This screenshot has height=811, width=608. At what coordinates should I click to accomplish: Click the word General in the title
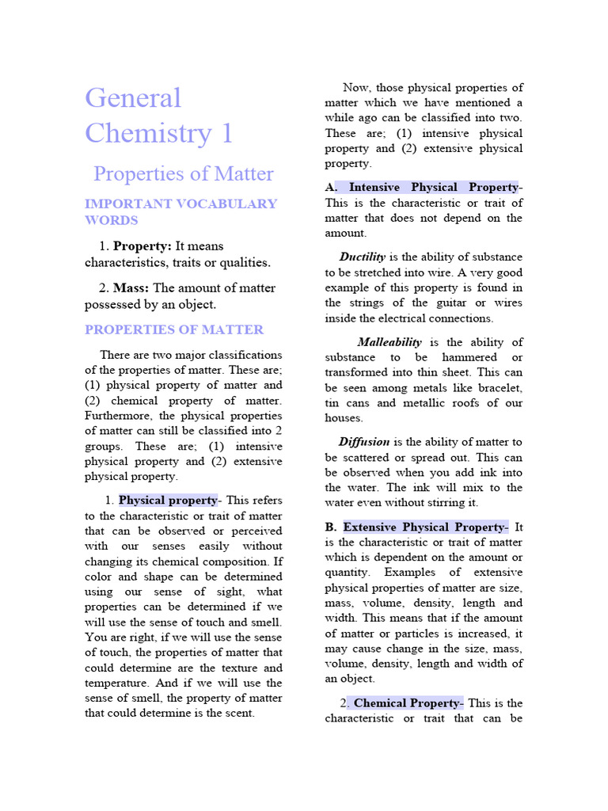pos(133,98)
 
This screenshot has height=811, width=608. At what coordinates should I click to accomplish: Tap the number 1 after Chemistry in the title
pos(226,133)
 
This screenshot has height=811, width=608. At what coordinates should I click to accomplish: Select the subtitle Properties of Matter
pos(183,174)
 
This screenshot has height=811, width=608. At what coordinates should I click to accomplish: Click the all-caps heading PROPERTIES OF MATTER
pos(174,329)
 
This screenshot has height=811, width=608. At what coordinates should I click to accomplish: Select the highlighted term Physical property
pos(167,501)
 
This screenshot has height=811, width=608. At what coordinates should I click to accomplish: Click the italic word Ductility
pos(363,257)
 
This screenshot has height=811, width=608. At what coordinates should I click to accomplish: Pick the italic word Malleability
pos(389,342)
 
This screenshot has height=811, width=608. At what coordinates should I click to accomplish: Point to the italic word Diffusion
pos(364,442)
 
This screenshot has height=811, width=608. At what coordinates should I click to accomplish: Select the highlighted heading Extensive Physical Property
pos(424,527)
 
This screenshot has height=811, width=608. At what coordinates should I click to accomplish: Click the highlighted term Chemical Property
pos(406,703)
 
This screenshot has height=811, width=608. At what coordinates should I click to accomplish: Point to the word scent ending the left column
pos(237,713)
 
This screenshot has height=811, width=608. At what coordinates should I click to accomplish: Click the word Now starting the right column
pos(355,88)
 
